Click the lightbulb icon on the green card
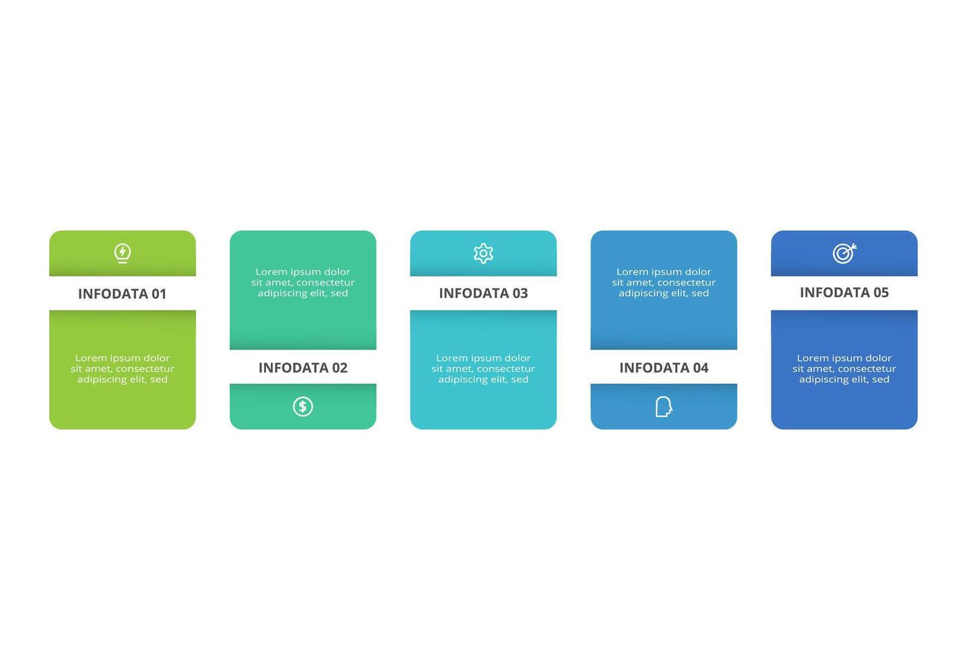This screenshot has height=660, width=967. coord(122,253)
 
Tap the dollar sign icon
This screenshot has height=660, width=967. coord(303,406)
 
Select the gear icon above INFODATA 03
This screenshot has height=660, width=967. coord(483,253)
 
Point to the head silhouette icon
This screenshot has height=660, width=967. coord(664,406)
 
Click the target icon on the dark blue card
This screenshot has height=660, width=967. coord(844,253)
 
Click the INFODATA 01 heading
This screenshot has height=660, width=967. coord(122,294)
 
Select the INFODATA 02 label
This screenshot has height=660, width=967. coord(303,368)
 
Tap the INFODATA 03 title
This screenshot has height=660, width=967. coord(483,293)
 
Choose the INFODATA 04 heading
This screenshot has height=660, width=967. coord(664,368)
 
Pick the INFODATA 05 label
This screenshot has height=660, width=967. coord(844,292)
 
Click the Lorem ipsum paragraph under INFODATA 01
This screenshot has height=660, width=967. coord(122,368)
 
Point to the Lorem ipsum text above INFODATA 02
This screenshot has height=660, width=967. coord(303,282)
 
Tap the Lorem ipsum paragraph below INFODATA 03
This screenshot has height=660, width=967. coord(483,368)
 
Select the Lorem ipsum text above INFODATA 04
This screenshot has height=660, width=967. coord(664,282)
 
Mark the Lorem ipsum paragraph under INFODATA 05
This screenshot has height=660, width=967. coord(844,368)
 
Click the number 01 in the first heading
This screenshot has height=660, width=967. coord(158,294)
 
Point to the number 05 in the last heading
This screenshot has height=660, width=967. coord(881,292)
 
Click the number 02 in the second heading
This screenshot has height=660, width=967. coord(340,368)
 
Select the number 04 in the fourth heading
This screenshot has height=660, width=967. coord(701,368)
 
